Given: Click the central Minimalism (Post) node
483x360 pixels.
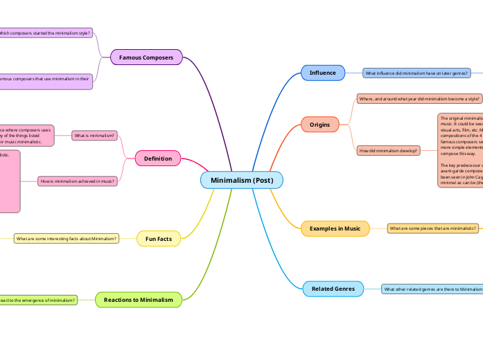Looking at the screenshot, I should point(242,180).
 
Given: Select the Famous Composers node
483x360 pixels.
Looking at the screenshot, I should point(146,57).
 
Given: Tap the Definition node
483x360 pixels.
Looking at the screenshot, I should point(157,159).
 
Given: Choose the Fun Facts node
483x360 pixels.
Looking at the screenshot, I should point(159,239).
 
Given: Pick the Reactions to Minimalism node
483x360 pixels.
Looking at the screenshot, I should point(139,299).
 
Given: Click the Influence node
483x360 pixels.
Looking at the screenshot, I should point(322,73).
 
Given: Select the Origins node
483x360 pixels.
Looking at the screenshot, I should point(319,125).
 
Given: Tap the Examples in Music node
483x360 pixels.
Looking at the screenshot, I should point(335,228).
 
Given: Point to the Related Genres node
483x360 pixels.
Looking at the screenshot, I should point(333,288).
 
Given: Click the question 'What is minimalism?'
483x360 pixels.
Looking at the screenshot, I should point(95,136).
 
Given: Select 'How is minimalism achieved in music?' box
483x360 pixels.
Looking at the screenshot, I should point(78,181).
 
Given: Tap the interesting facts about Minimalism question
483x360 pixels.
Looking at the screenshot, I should point(66,239).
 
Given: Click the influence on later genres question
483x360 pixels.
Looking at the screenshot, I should point(416,73).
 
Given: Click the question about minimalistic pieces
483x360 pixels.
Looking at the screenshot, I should point(433,228).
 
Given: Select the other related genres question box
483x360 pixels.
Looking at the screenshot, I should point(432,289).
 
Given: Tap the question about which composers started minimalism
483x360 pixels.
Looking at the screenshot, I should point(44,33).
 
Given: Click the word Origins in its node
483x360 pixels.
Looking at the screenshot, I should point(319,125).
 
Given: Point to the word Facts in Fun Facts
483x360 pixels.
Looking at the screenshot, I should point(164,239).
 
